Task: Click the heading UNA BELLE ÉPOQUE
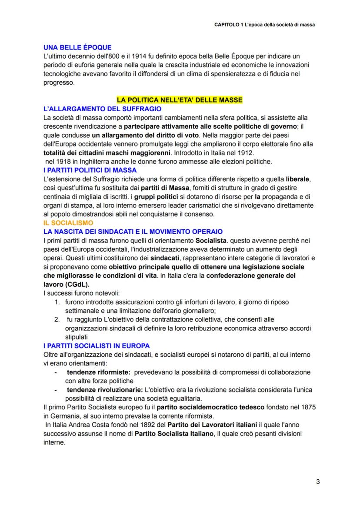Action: tap(77, 47)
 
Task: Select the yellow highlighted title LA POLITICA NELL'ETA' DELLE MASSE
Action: tap(180, 100)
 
